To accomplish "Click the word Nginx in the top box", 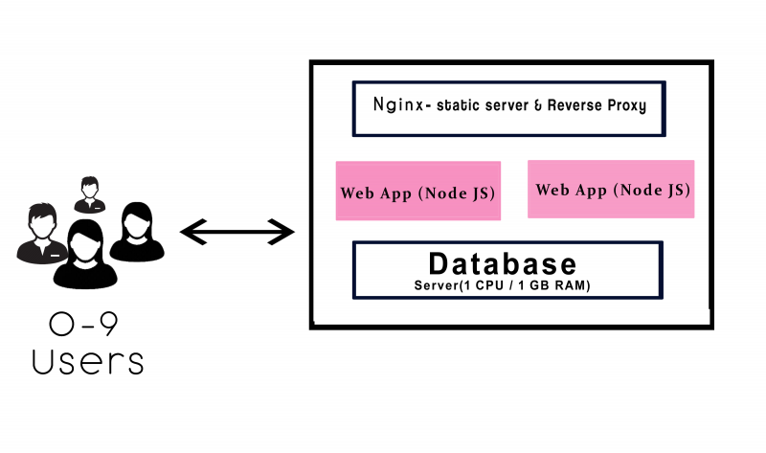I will (393, 106).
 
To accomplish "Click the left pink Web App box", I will (417, 192).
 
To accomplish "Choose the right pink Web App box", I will (611, 189).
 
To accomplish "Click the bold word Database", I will (503, 263).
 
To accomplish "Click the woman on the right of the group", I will (138, 236).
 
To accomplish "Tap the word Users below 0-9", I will (88, 361).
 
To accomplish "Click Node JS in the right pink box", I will (652, 190).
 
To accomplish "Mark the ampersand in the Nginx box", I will (539, 107).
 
